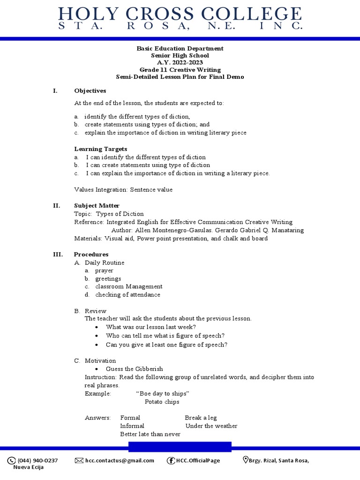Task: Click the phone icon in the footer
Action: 11,460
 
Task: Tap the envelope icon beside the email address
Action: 79,460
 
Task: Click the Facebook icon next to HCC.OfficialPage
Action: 171,460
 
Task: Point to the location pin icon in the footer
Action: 245,460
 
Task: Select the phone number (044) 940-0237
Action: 37,460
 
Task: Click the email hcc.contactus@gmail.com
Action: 120,460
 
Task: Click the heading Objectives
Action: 90,90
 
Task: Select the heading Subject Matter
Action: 97,205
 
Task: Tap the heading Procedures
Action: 91,254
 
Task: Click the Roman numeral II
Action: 56,205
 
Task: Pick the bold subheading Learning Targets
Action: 100,149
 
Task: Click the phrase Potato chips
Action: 162,402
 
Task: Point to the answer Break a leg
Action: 201,418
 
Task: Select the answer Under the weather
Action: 211,426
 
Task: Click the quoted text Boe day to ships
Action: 162,393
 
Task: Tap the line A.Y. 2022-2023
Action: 180,62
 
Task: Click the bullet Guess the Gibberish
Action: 134,369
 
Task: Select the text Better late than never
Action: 150,434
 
